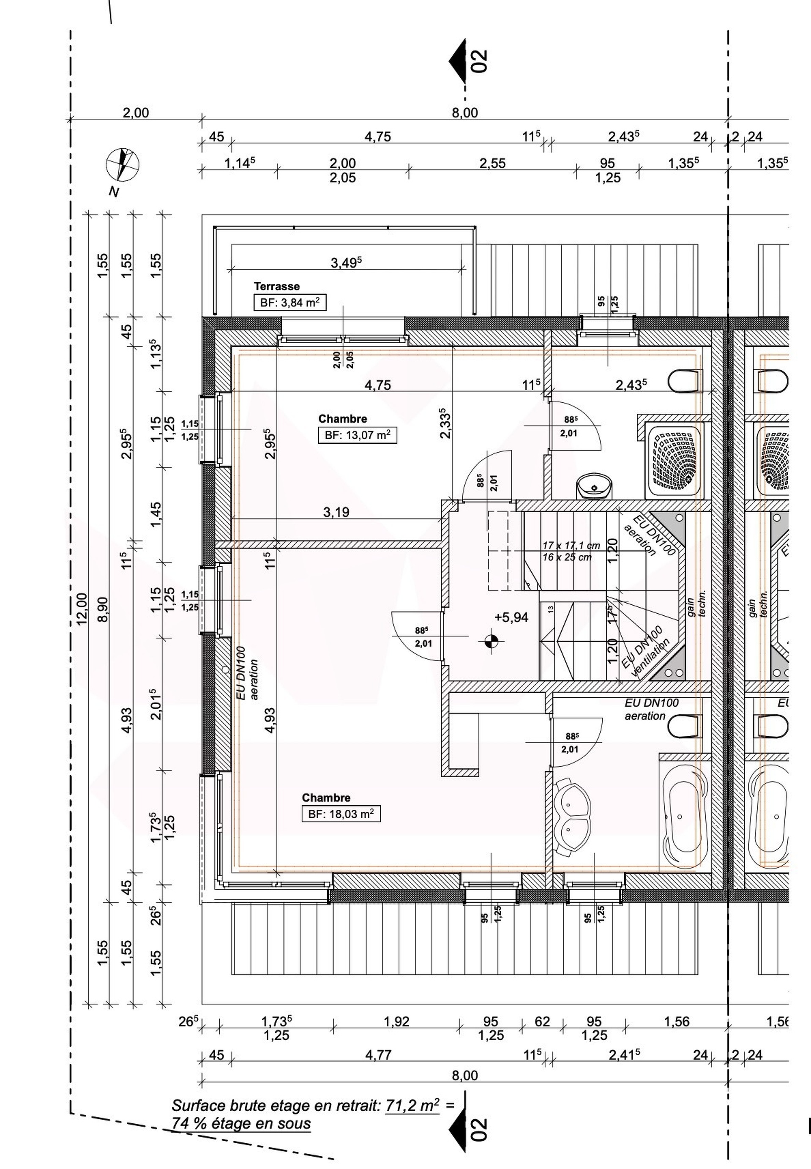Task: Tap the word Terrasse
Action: [x=277, y=286]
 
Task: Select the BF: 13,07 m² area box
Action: [x=357, y=435]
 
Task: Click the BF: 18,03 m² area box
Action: [x=341, y=814]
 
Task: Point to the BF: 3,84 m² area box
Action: [x=289, y=302]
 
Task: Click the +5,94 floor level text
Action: [x=511, y=617]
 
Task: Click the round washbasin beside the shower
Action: [x=595, y=487]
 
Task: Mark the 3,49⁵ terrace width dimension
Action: [x=346, y=262]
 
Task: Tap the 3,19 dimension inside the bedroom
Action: [x=336, y=512]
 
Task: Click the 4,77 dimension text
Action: [x=379, y=1056]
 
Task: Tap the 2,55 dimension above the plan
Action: [x=492, y=164]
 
